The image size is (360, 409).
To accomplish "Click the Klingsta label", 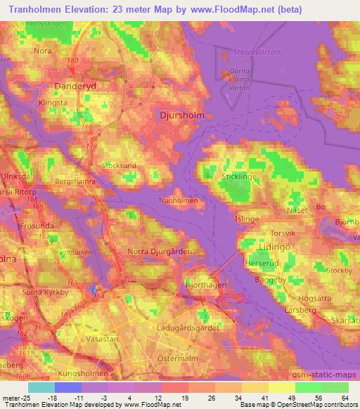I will (x=53, y=102).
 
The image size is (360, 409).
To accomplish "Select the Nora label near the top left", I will (x=43, y=51).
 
